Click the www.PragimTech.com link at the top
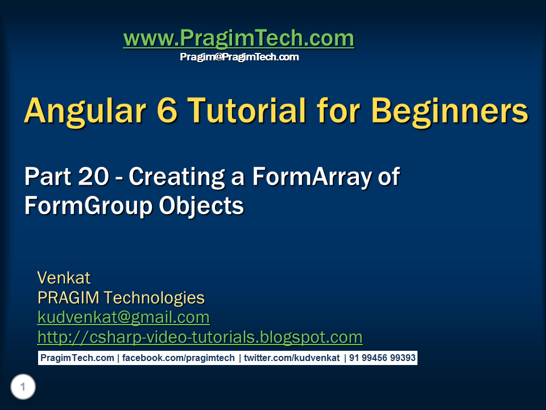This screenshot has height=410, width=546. click(x=239, y=38)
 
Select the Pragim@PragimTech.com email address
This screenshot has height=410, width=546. click(x=239, y=57)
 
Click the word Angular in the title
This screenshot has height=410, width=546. click(x=85, y=112)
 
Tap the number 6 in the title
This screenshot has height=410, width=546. click(x=167, y=110)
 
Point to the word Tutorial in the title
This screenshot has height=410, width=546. click(x=247, y=110)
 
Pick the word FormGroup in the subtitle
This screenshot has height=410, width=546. click(x=89, y=206)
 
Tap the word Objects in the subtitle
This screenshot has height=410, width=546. click(x=201, y=206)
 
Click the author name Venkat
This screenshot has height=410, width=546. click(x=64, y=278)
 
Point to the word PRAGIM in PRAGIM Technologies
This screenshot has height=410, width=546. click(x=68, y=298)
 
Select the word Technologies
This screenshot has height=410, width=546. click(x=154, y=298)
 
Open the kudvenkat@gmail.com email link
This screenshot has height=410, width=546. click(x=123, y=318)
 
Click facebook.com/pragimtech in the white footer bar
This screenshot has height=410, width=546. click(x=178, y=358)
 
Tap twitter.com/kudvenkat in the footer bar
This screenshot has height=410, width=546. click(x=292, y=358)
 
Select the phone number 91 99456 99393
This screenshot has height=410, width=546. click(x=382, y=358)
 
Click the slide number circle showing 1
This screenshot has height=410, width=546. click(x=23, y=387)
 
